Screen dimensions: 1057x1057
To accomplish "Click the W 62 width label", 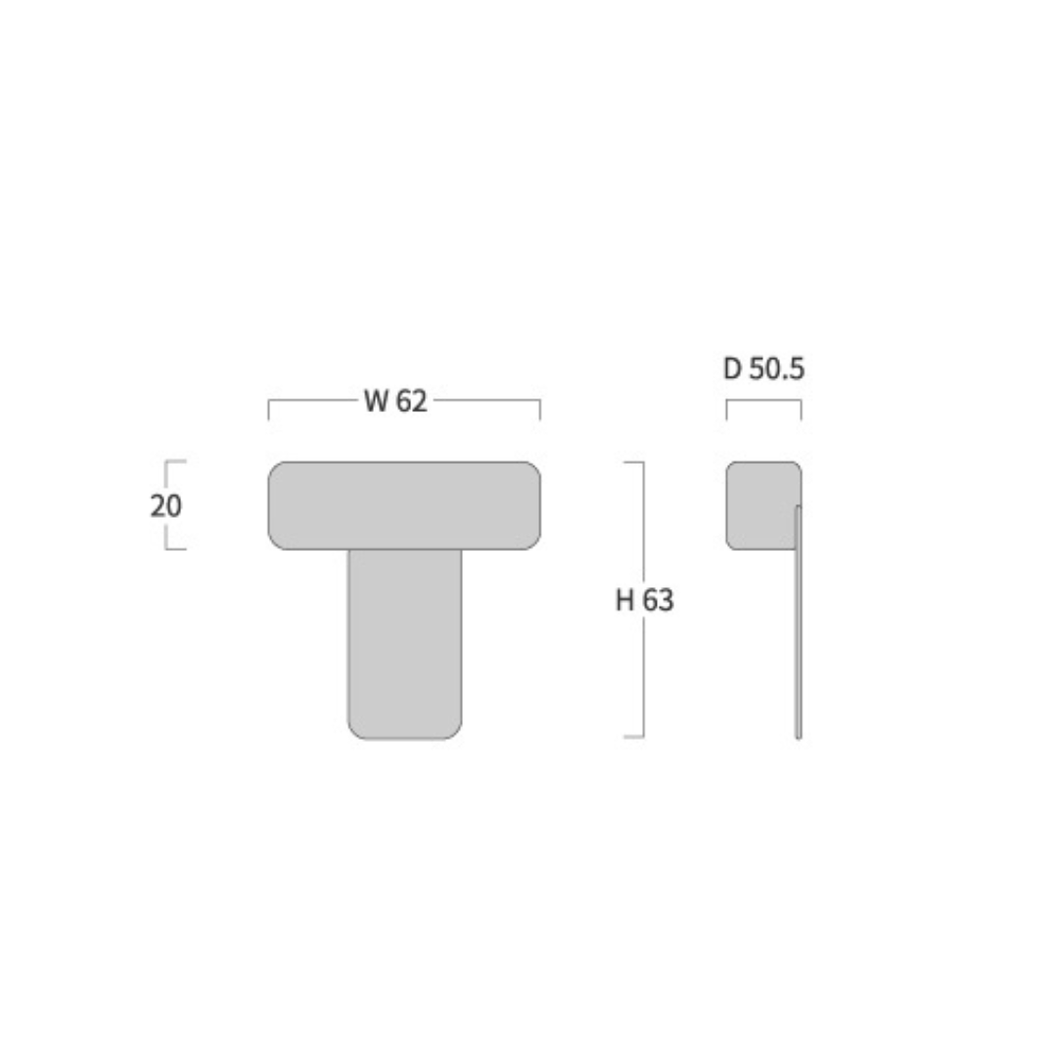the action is tap(395, 400).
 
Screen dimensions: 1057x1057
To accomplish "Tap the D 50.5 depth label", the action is tap(763, 369).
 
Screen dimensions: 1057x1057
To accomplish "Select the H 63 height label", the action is tap(644, 600).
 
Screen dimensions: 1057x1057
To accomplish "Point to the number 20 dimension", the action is tap(165, 506).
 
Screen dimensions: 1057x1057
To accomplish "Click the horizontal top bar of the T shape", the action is tap(404, 506).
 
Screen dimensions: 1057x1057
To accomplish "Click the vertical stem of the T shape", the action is tap(405, 644).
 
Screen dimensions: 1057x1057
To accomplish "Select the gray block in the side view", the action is tap(761, 506).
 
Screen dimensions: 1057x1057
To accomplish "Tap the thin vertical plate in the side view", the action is tap(799, 621).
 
